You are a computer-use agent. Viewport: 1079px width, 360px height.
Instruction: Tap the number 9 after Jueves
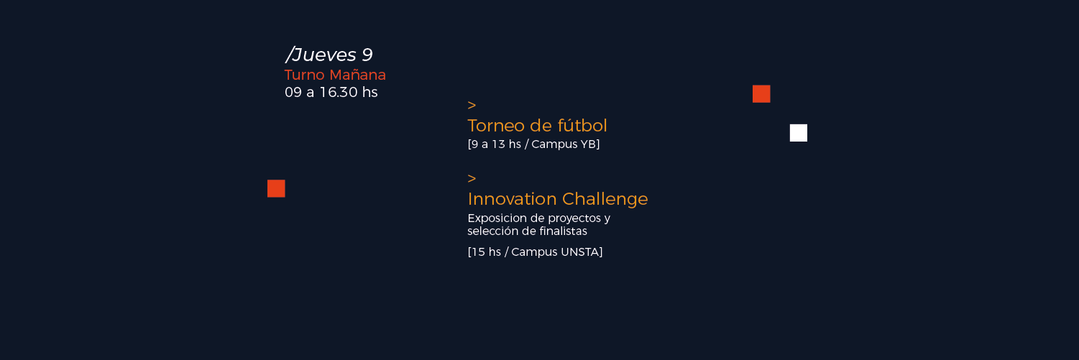367,55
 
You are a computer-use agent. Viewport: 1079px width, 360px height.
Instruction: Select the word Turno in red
304,75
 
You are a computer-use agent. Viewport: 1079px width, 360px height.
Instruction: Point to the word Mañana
358,75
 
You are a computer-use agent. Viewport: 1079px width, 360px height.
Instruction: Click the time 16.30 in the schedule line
339,92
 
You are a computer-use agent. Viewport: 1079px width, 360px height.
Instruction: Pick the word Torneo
496,126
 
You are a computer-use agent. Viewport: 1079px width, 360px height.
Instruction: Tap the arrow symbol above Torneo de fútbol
472,105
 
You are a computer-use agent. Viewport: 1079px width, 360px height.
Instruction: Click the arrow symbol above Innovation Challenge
472,178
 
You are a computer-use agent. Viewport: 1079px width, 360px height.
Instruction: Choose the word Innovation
512,199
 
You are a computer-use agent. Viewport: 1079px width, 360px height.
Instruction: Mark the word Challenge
605,199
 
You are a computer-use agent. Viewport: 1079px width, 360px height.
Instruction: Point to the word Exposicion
493,218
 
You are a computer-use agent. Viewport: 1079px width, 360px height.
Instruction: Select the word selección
490,231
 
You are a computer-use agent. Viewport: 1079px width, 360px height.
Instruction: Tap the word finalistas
563,231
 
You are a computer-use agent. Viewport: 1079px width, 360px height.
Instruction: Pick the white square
799,133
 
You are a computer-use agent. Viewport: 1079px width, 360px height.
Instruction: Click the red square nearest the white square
761,94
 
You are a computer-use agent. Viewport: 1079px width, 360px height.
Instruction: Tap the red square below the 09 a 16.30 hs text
277,189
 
